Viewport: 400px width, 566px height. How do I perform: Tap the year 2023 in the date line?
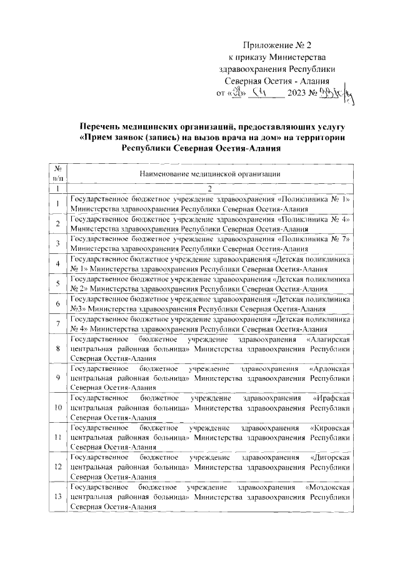point(297,94)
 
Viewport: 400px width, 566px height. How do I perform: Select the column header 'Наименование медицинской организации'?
point(209,173)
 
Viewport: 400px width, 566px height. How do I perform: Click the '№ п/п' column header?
point(57,173)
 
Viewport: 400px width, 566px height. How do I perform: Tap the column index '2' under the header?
point(209,188)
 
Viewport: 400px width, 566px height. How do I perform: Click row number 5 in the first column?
point(57,283)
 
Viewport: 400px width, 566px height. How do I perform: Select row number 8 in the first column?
point(57,348)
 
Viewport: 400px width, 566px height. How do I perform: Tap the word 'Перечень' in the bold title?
point(107,126)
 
